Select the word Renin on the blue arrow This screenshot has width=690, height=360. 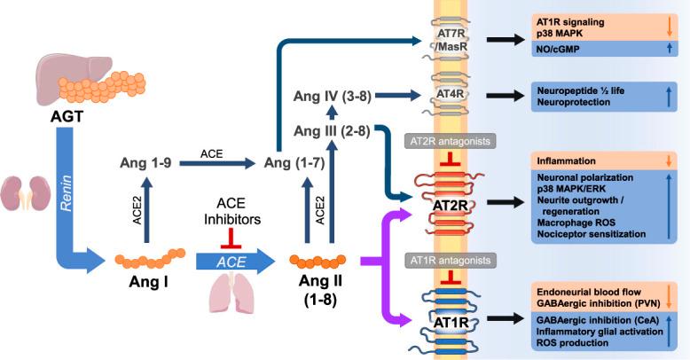coord(67,193)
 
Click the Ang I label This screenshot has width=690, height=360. coord(148,282)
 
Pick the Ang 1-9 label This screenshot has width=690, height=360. coord(145,163)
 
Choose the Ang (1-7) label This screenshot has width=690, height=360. coord(294,163)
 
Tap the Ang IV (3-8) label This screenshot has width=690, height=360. coord(333,96)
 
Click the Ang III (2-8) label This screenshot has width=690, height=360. coord(332,130)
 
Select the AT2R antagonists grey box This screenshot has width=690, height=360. coord(450,142)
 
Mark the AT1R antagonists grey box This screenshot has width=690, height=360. coord(451,260)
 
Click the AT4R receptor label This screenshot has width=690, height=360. coord(451,94)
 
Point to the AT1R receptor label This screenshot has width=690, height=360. coord(451,323)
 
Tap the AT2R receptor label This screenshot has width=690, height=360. coord(451,205)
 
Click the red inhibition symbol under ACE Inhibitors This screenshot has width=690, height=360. coord(231,239)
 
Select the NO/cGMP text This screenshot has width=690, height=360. coord(558,50)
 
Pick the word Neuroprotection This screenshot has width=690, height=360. coord(574,102)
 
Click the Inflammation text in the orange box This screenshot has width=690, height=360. coord(566,161)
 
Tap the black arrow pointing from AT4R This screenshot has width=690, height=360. coord(506,95)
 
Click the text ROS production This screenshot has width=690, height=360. coord(572,343)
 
